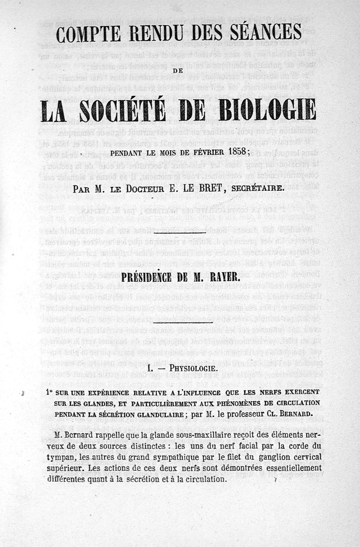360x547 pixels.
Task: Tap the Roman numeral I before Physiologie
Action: point(149,369)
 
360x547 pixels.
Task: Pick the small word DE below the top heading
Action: point(180,70)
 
